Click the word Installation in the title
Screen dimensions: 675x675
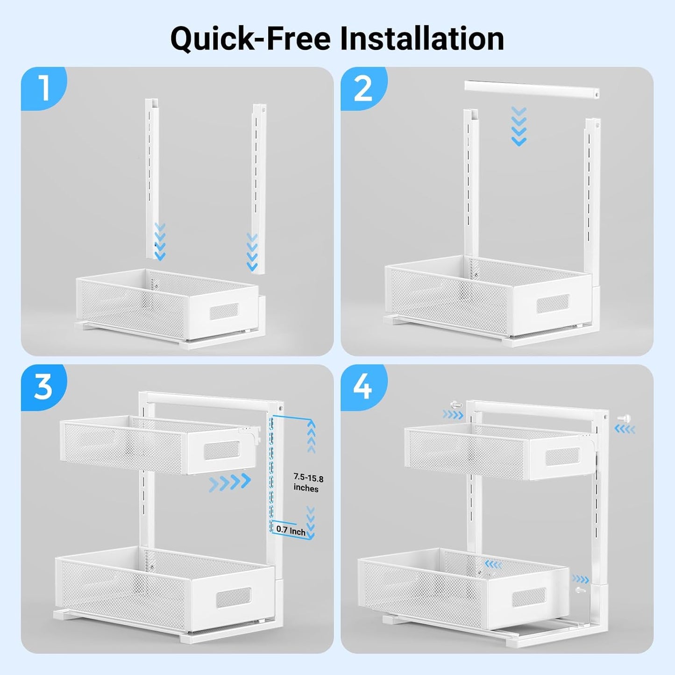pos(422,38)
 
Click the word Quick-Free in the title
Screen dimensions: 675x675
pos(250,38)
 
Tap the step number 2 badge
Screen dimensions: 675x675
pos(363,88)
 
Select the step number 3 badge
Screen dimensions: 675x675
pos(43,386)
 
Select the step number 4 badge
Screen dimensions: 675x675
pos(363,386)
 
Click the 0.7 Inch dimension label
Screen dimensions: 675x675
pos(291,530)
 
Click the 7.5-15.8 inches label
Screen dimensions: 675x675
pos(308,483)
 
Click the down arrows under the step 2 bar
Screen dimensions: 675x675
pos(519,126)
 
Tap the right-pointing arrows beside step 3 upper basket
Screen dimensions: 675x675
pos(229,482)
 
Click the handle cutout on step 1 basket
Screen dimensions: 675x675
pos(224,311)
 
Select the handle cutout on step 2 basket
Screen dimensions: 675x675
pos(553,304)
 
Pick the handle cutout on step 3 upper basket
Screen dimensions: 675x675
pos(222,451)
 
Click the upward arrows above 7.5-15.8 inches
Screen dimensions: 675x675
pos(311,436)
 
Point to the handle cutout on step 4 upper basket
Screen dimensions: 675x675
pos(563,456)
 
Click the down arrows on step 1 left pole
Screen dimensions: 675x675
pos(160,242)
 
